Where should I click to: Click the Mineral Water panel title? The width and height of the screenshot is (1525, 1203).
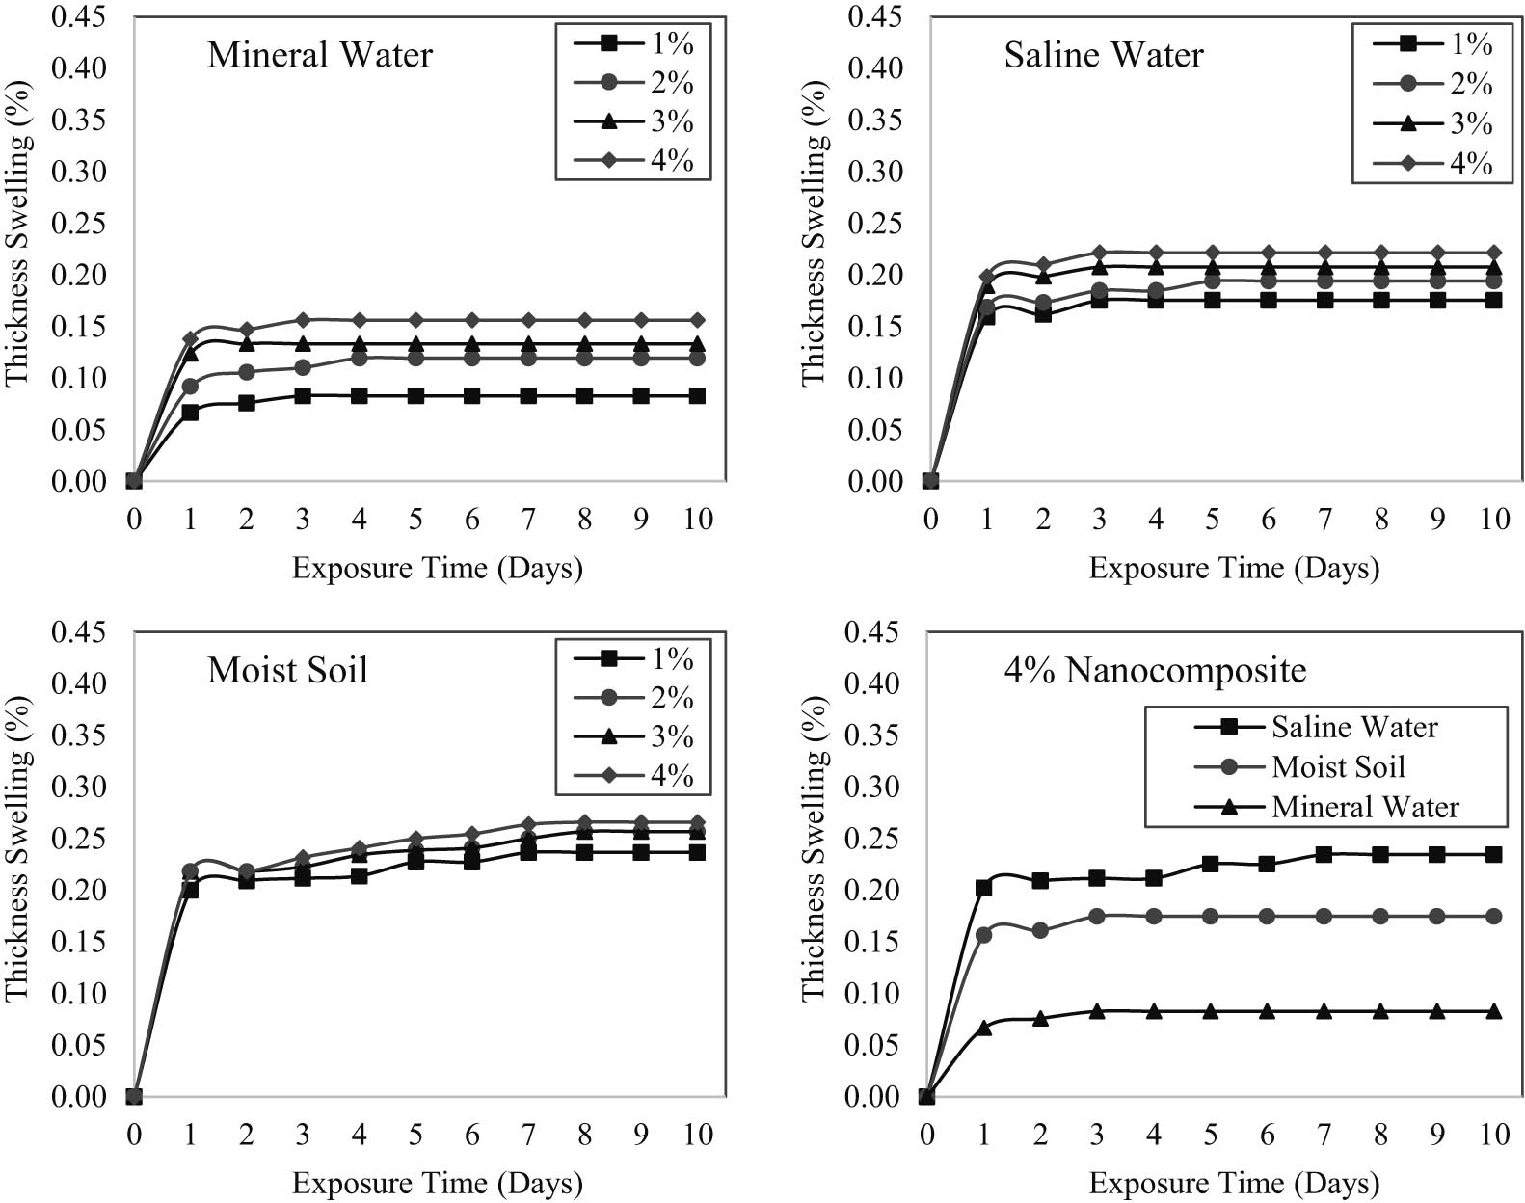pyautogui.click(x=319, y=55)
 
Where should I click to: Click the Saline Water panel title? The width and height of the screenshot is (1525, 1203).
pyautogui.click(x=1103, y=55)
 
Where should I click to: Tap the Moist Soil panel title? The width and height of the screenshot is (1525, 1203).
pyautogui.click(x=287, y=670)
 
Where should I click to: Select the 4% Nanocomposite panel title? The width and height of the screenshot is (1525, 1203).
pyautogui.click(x=1155, y=670)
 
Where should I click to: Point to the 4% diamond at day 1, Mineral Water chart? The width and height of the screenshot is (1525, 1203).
pyautogui.click(x=190, y=338)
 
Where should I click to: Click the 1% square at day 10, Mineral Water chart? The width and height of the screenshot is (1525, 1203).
pyautogui.click(x=697, y=396)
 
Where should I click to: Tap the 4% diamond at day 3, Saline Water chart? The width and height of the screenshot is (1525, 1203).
pyautogui.click(x=1099, y=253)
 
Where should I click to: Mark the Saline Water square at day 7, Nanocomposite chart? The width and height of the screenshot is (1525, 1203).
pyautogui.click(x=1324, y=855)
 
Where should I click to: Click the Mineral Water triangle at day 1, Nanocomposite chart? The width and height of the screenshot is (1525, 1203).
pyautogui.click(x=983, y=1028)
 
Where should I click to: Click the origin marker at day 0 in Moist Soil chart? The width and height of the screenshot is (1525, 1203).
pyautogui.click(x=134, y=1096)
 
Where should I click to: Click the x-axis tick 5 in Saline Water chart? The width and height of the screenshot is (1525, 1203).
pyautogui.click(x=1212, y=520)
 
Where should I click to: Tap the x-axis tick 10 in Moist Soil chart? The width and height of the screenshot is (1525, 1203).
pyautogui.click(x=697, y=1135)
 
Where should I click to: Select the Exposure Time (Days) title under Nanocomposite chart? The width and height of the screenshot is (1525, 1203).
pyautogui.click(x=1234, y=1183)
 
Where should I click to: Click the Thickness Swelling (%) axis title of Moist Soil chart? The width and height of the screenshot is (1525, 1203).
pyautogui.click(x=19, y=848)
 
